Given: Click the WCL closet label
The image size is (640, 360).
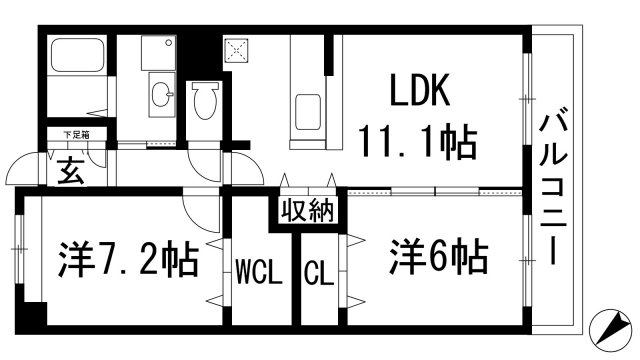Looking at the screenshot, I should point(256,270).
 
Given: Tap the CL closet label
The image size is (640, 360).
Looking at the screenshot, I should point(318,270).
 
